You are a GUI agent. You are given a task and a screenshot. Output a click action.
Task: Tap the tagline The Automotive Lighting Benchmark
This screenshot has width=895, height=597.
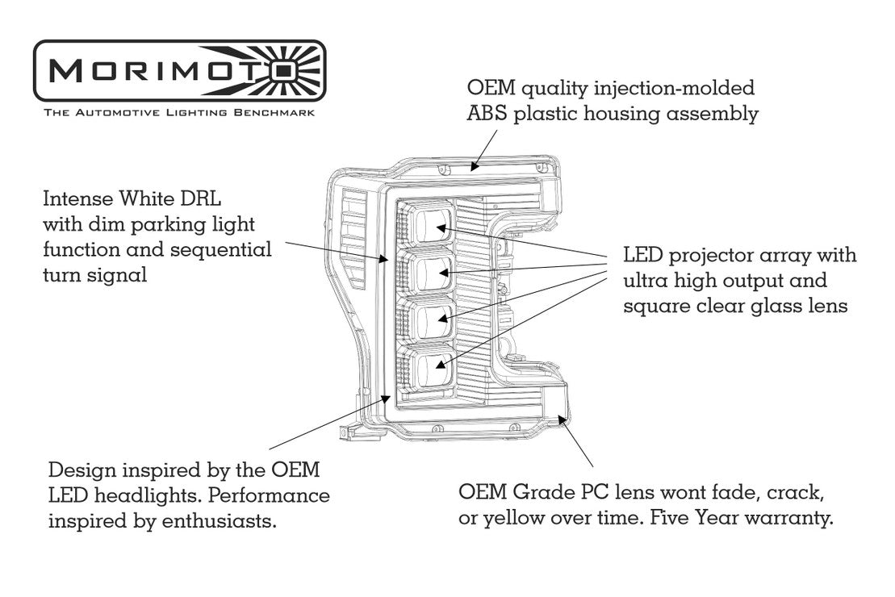click(179, 114)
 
